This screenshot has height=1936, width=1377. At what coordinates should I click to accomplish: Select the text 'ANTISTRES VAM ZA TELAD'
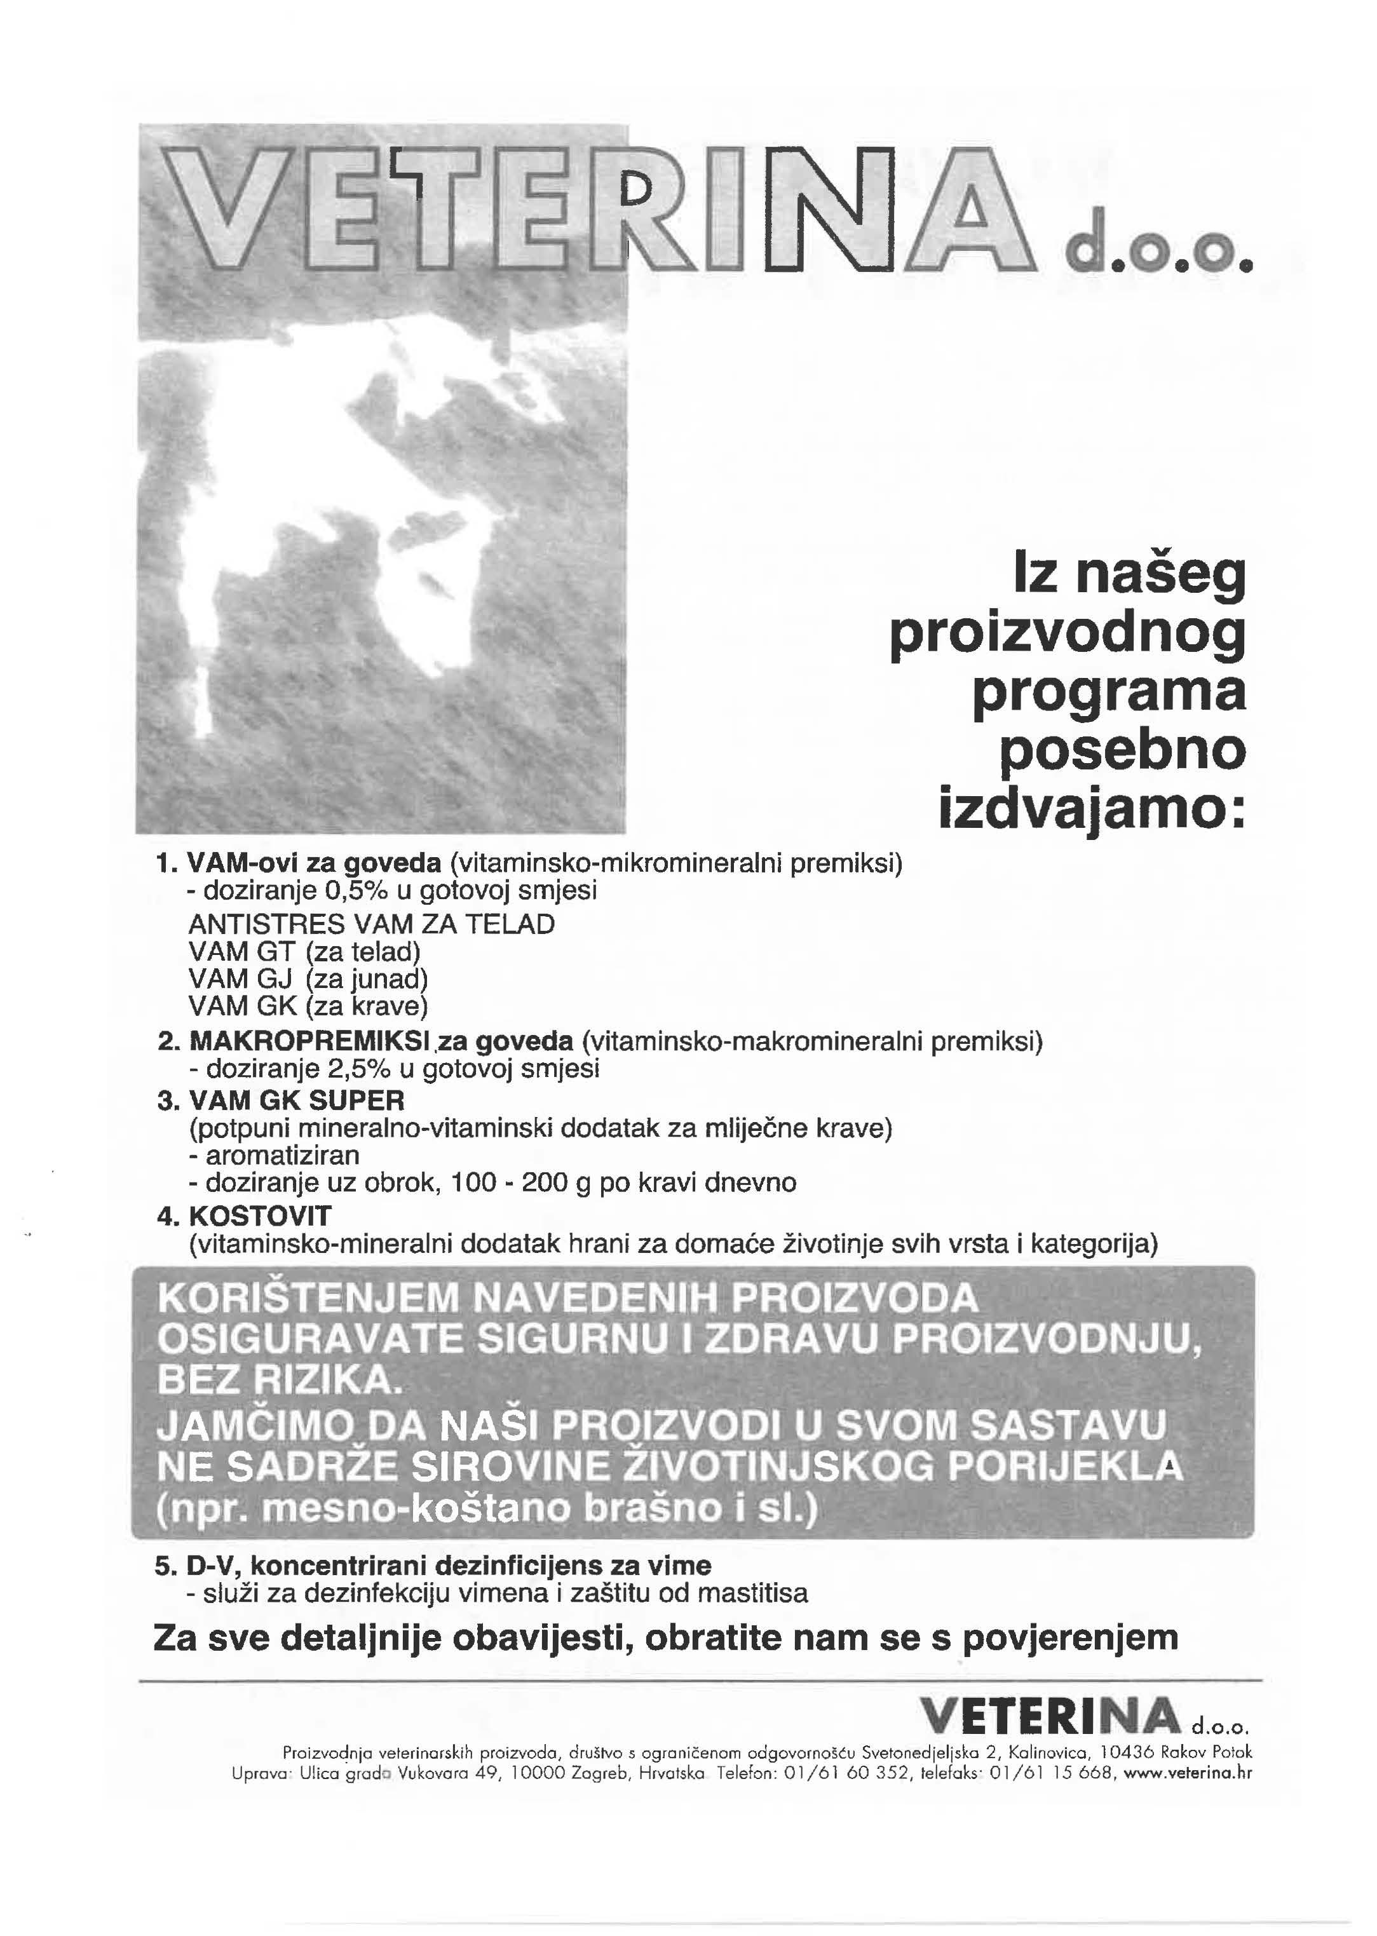click(371, 924)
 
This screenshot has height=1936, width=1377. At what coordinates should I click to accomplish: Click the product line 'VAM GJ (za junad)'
click(308, 979)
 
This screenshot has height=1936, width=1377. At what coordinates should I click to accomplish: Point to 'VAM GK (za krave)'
click(308, 1006)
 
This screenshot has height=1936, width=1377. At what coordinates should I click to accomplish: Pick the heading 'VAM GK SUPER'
click(297, 1100)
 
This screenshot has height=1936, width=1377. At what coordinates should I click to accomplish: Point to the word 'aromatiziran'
click(282, 1155)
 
